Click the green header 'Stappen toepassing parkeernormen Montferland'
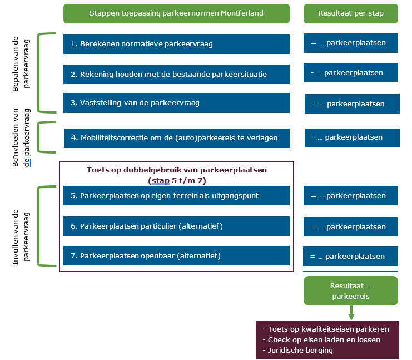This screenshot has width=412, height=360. pos(176,13)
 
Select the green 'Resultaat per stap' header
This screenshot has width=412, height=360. pos(350,13)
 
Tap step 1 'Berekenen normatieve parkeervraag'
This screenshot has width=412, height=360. pos(176,44)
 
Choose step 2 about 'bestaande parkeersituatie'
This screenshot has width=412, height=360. pos(176,74)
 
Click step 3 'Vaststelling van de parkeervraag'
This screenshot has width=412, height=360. pos(176,103)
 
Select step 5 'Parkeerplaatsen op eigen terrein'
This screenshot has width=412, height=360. pos(176,196)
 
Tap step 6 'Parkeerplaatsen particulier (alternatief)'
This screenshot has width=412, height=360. pos(176,226)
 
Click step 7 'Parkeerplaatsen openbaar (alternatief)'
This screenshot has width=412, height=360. pos(176,256)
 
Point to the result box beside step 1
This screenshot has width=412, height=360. pos(350,43)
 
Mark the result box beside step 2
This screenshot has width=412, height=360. pos(350,73)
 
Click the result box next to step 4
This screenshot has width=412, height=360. pos(351,137)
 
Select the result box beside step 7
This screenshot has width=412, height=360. pos(350,257)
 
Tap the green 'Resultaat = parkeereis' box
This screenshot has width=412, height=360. pos(350,290)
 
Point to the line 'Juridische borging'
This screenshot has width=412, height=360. pos(300,350)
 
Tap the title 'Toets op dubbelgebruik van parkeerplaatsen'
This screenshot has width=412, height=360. pos(176,170)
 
